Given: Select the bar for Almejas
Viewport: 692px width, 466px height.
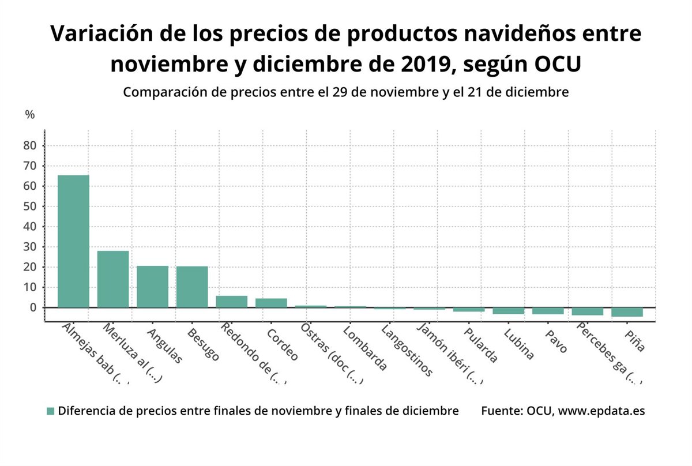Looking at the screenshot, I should pyautogui.click(x=73, y=241).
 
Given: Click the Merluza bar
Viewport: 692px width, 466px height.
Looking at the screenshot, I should pyautogui.click(x=113, y=279).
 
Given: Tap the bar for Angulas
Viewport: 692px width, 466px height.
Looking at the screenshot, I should pyautogui.click(x=152, y=287).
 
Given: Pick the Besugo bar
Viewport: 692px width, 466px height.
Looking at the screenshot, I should pyautogui.click(x=192, y=287).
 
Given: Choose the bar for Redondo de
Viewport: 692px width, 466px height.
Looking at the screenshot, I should pyautogui.click(x=231, y=302).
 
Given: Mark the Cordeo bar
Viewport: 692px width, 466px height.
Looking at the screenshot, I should pyautogui.click(x=271, y=303).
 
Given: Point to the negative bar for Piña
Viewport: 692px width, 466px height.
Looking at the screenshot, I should pyautogui.click(x=627, y=312).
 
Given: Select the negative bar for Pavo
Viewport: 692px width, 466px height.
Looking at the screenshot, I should pyautogui.click(x=548, y=311).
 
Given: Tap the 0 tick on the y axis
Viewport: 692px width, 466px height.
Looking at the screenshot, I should pyautogui.click(x=33, y=307).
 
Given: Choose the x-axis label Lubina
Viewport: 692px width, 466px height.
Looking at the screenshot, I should pyautogui.click(x=518, y=344).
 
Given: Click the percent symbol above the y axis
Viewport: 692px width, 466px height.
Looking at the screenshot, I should pyautogui.click(x=30, y=115).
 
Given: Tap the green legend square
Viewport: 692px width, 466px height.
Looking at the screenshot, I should pyautogui.click(x=50, y=411).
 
